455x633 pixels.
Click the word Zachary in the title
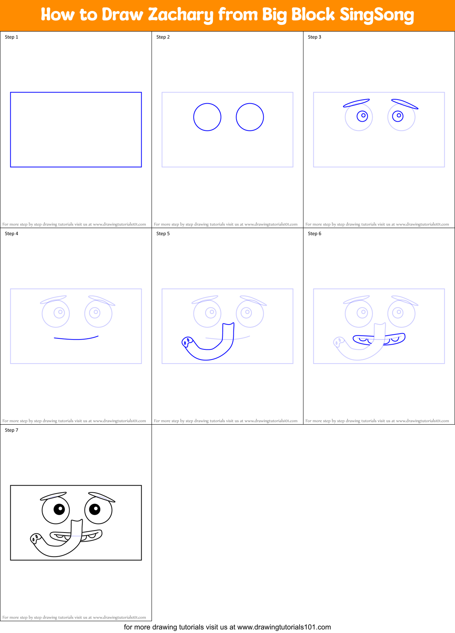pyautogui.click(x=181, y=15)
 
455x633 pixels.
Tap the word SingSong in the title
pyautogui.click(x=377, y=15)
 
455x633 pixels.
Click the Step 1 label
pyautogui.click(x=11, y=37)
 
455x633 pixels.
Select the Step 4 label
pyautogui.click(x=11, y=234)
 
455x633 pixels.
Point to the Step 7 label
pyautogui.click(x=11, y=430)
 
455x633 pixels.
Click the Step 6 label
pyautogui.click(x=314, y=234)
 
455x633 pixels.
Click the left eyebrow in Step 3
pyautogui.click(x=356, y=103)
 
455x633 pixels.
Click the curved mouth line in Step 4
pyautogui.click(x=76, y=338)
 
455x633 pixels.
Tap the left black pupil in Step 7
pyautogui.click(x=59, y=509)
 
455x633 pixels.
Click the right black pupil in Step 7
pyautogui.click(x=95, y=509)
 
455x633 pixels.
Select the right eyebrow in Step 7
pyautogui.click(x=102, y=497)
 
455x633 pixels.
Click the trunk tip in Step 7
pyautogui.click(x=35, y=538)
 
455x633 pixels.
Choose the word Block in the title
pyautogui.click(x=314, y=15)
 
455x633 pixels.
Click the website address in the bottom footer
pyautogui.click(x=284, y=627)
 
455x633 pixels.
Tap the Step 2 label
pyautogui.click(x=163, y=37)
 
